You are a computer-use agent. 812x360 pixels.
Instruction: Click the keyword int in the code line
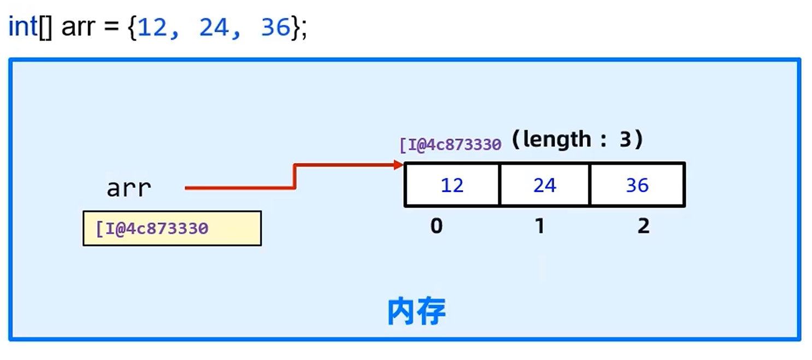[x=22, y=27]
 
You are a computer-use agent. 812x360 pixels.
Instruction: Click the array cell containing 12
[x=452, y=185]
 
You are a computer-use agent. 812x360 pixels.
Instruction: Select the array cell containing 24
[x=545, y=185]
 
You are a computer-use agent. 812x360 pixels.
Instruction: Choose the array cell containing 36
[x=637, y=185]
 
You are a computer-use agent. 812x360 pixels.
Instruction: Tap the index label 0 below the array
[x=436, y=225]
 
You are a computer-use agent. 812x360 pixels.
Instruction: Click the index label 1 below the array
[x=540, y=225]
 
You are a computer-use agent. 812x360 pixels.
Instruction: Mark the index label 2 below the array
[x=644, y=225]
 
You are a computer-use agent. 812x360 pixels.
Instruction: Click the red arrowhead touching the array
[x=398, y=165]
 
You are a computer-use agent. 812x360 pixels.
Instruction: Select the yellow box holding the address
[x=172, y=228]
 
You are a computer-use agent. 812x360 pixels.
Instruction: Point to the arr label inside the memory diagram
[x=129, y=188]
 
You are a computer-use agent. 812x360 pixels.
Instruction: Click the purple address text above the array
[x=450, y=145]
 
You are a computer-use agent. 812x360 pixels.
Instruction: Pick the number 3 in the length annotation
[x=625, y=140]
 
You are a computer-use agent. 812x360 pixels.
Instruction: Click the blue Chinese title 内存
[x=416, y=311]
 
